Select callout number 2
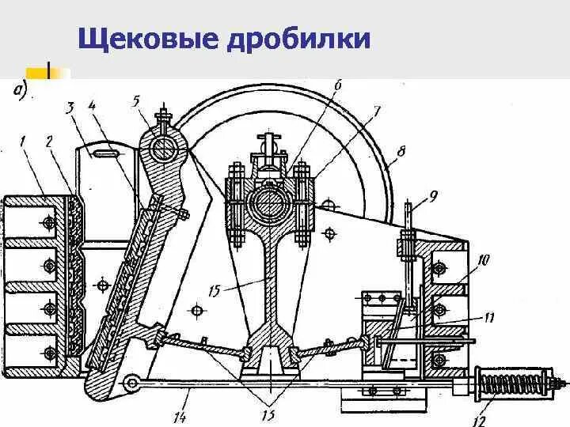(x=49, y=142)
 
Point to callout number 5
(x=135, y=100)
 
